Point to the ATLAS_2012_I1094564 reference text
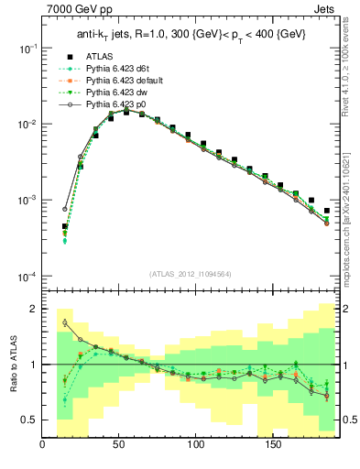click(191, 272)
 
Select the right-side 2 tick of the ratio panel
click(349, 309)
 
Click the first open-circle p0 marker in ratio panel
click(65, 322)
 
